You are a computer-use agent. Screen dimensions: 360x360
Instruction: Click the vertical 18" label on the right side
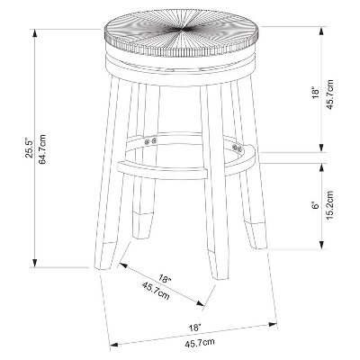click(x=315, y=93)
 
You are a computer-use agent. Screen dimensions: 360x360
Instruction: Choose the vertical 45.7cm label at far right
click(x=330, y=93)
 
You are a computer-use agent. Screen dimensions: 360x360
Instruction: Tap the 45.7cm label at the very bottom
click(x=200, y=343)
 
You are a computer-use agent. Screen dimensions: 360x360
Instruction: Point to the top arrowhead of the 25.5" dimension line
click(x=36, y=20)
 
